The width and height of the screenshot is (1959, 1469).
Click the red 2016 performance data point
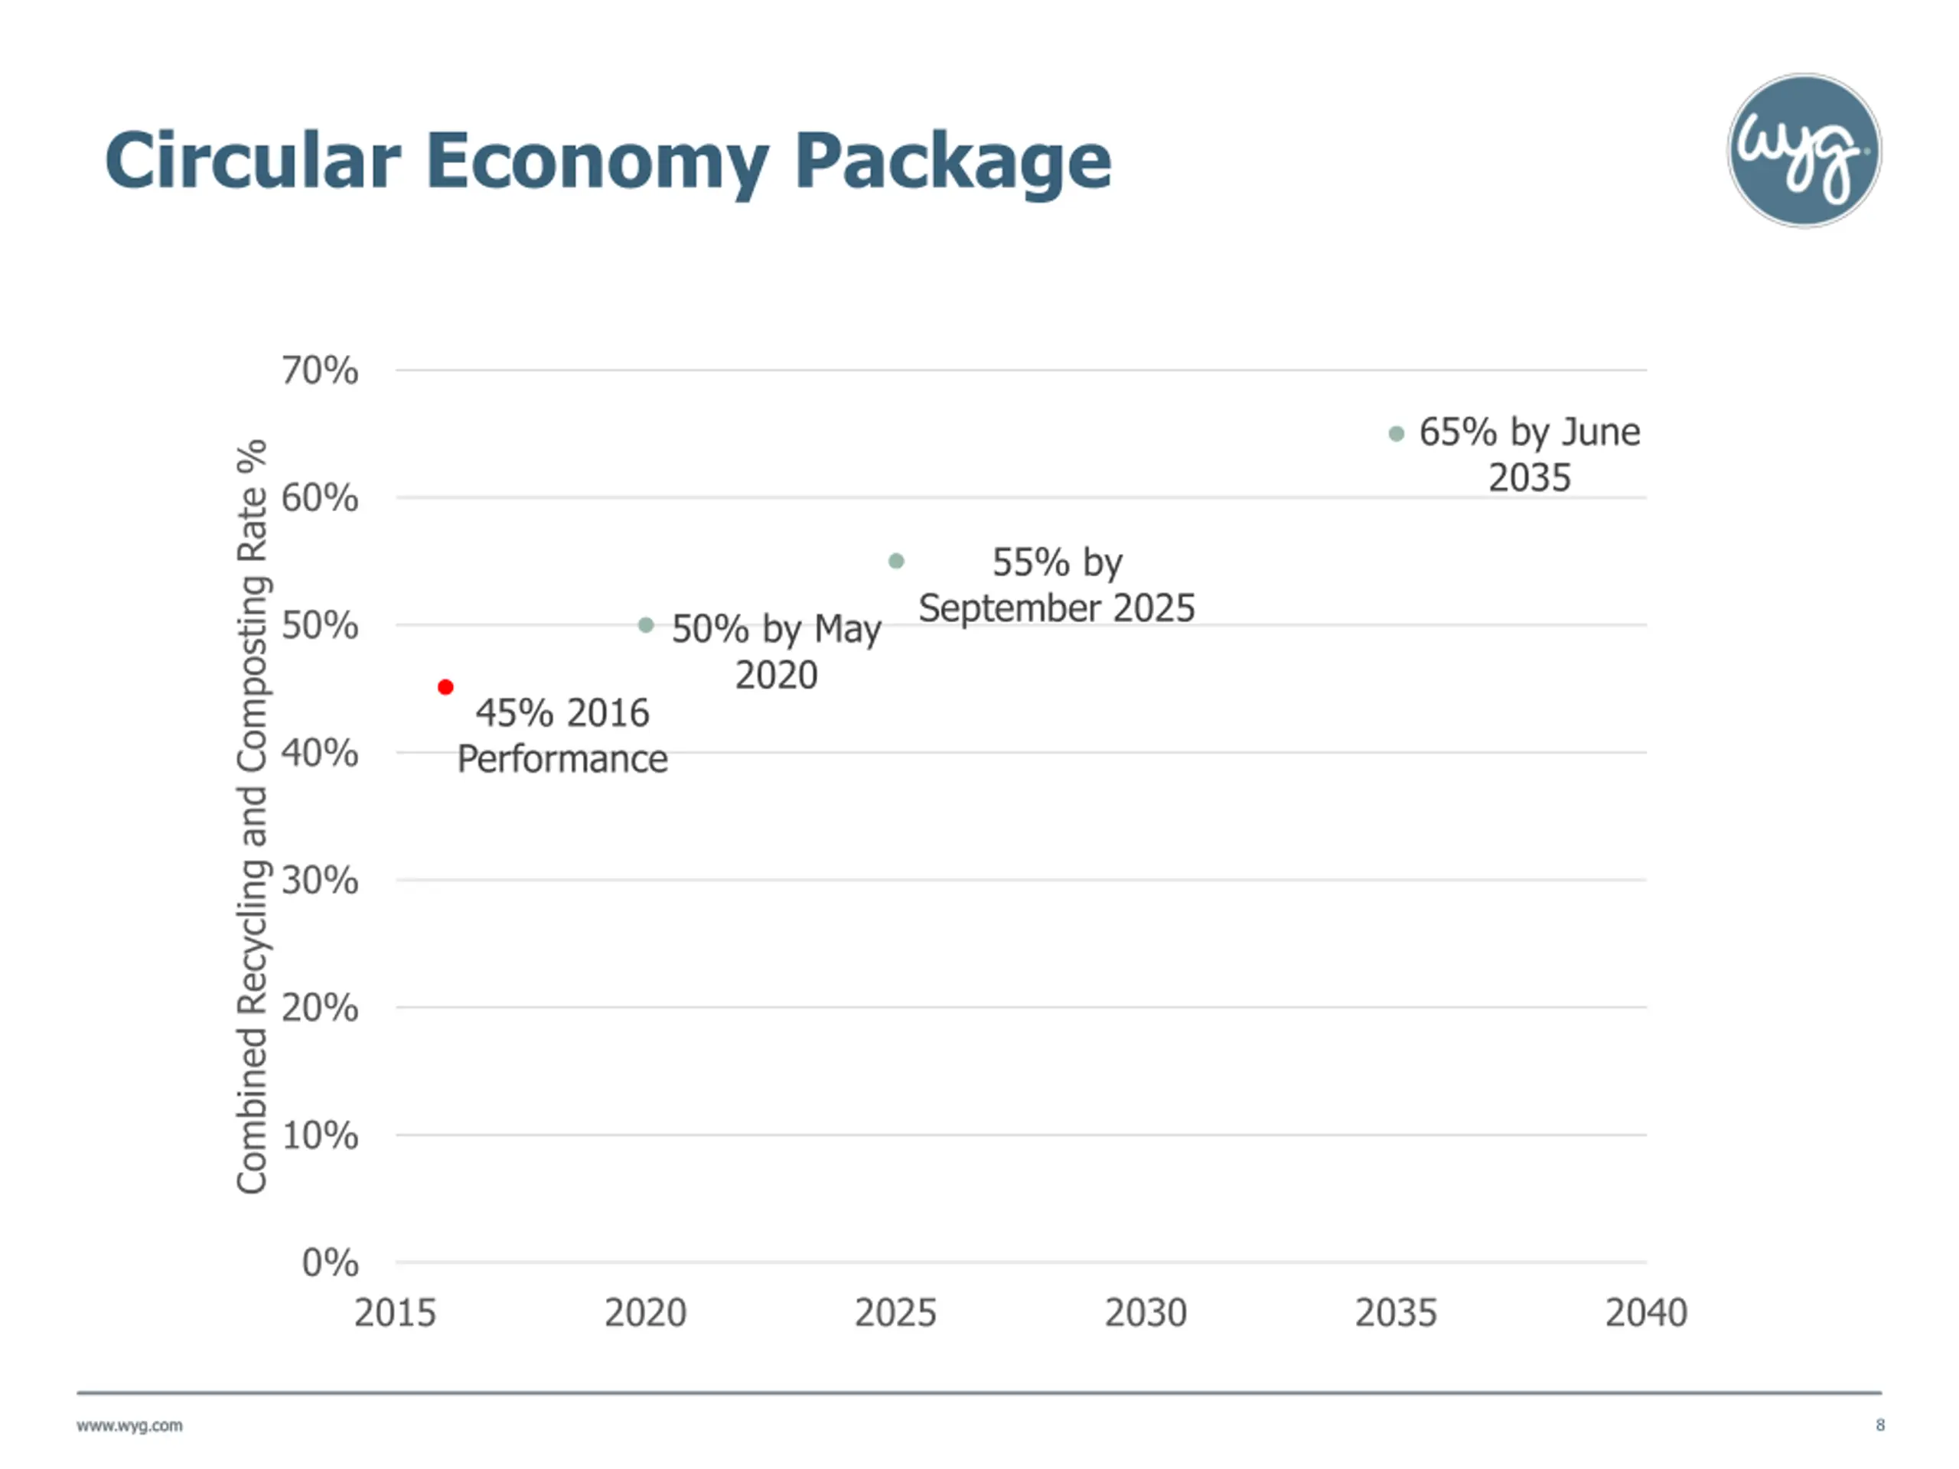(x=445, y=687)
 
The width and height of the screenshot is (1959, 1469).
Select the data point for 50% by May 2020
(x=647, y=625)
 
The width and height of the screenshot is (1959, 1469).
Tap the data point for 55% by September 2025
(x=896, y=562)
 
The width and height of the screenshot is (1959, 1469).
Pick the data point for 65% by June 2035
(x=1397, y=434)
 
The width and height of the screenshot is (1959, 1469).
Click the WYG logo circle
(x=1804, y=151)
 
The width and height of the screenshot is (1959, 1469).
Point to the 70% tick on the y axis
(x=320, y=370)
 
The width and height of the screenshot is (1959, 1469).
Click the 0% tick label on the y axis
(x=331, y=1262)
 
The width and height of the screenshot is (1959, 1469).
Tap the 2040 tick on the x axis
(x=1646, y=1312)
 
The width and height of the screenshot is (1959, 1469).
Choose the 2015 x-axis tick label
(x=395, y=1312)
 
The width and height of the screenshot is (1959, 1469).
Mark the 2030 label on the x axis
(x=1145, y=1312)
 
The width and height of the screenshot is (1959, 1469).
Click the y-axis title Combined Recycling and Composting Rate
(x=253, y=816)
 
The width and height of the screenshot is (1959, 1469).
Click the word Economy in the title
(x=598, y=161)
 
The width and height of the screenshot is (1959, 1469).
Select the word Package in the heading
(x=953, y=161)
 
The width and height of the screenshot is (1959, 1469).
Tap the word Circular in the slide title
(x=253, y=161)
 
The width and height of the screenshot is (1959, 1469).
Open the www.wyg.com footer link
(x=129, y=1425)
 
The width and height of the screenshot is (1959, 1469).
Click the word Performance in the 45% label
(x=562, y=760)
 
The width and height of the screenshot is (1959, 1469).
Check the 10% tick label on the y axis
(x=320, y=1135)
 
